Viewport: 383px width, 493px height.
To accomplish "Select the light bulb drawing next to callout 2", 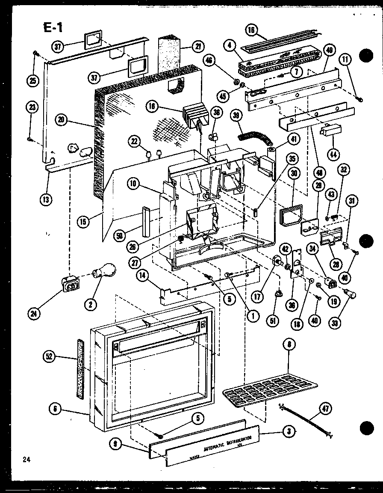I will click(105, 271).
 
